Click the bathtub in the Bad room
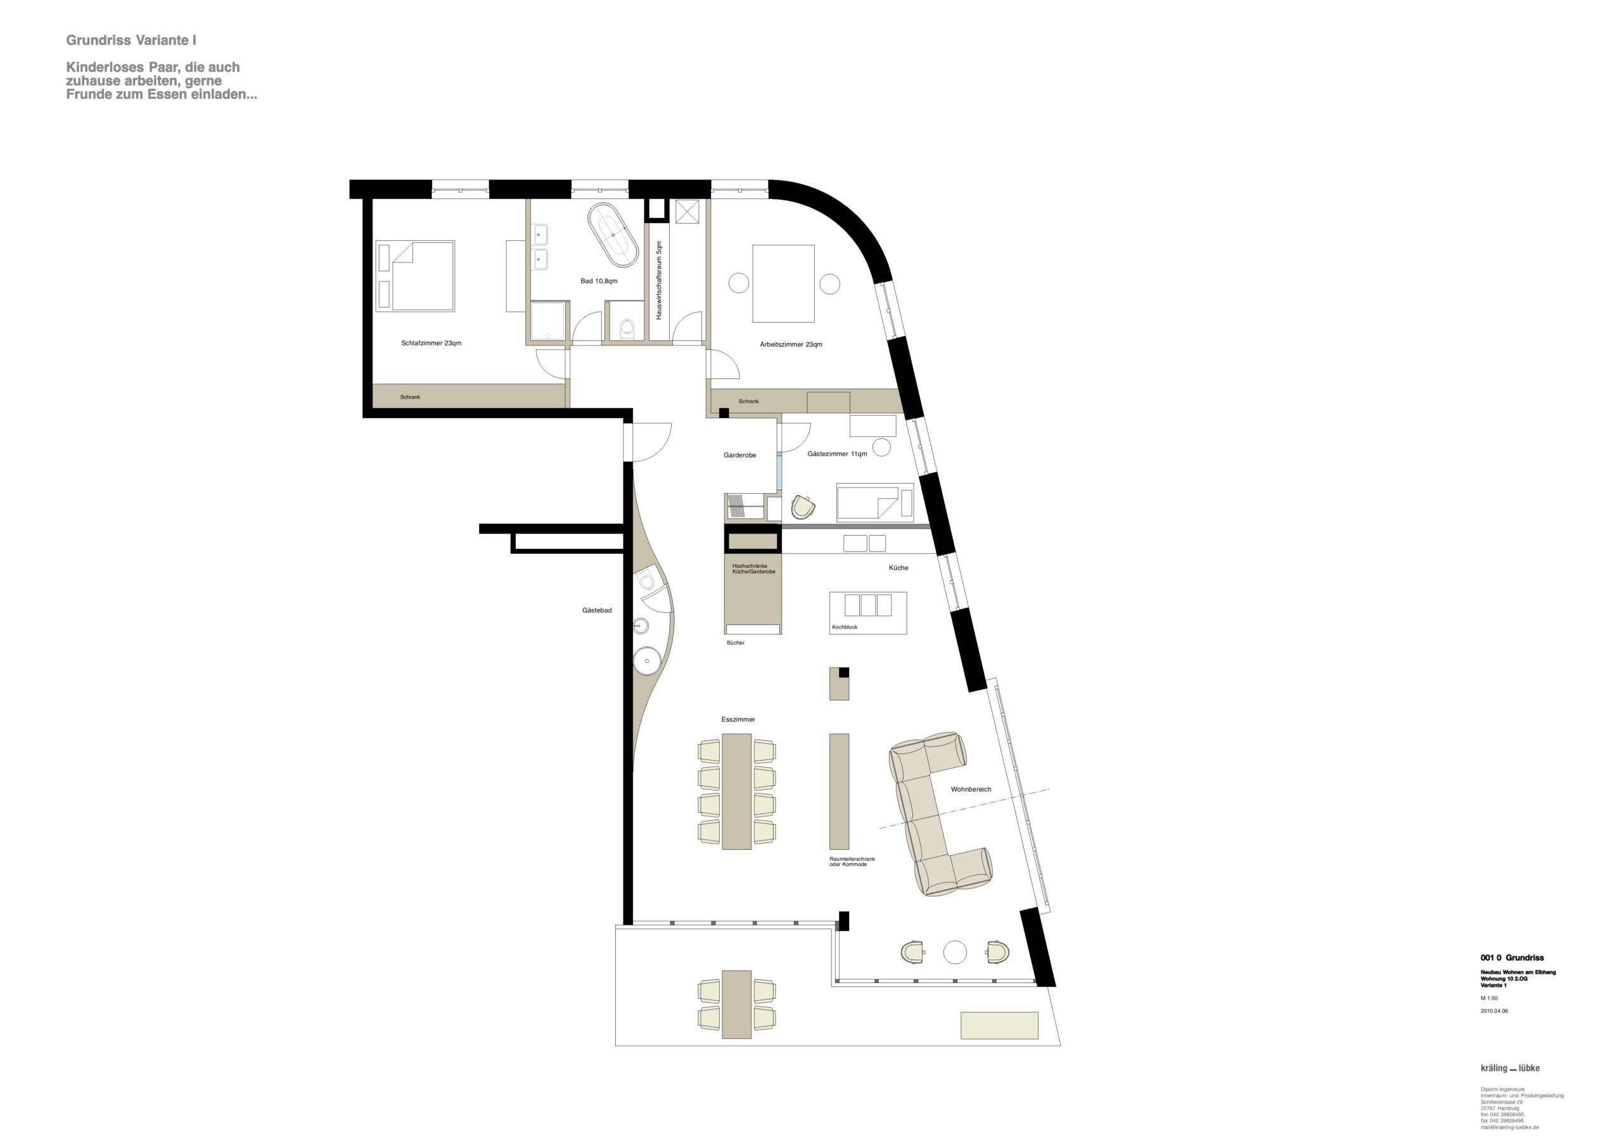point(613,235)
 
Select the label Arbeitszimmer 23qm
point(791,345)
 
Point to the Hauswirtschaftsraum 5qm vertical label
point(658,280)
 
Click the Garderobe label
point(739,456)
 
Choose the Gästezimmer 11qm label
point(837,454)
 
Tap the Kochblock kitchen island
point(867,612)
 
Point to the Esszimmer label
point(738,719)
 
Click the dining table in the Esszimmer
point(736,791)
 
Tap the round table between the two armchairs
point(954,953)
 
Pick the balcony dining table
point(736,1004)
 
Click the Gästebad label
point(597,610)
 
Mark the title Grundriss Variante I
point(131,41)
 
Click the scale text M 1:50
point(1489,999)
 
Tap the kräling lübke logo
point(1510,1068)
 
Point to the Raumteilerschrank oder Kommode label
point(852,862)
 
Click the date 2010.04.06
point(1494,1012)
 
